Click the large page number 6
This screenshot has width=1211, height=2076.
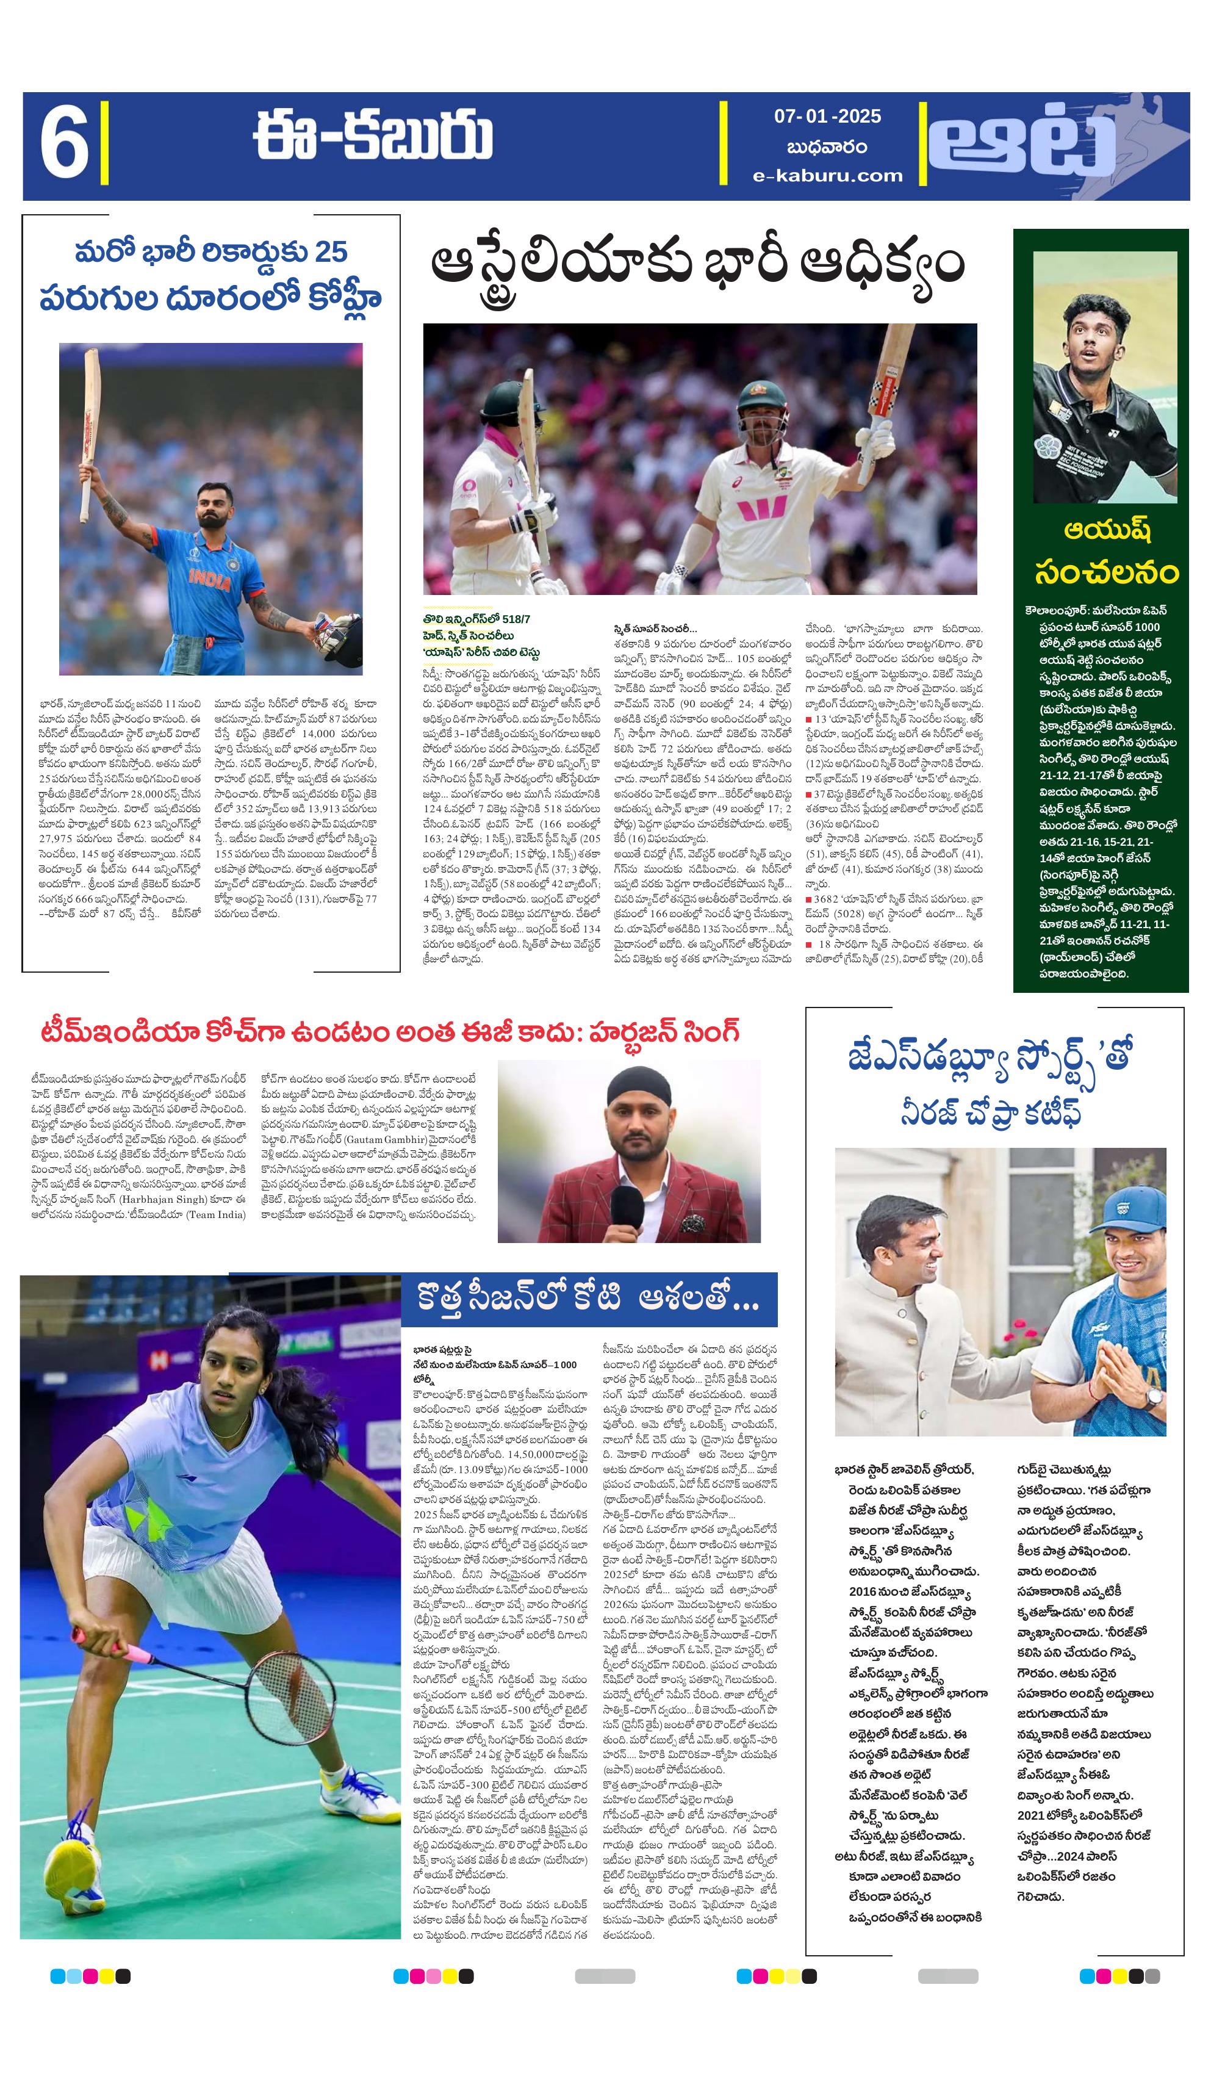point(64,146)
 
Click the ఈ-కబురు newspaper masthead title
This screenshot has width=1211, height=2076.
point(372,137)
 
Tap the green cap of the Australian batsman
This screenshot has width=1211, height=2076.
point(757,393)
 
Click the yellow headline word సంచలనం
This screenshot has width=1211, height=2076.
point(1105,572)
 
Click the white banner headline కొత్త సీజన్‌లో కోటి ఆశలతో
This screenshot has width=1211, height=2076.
point(588,1299)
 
